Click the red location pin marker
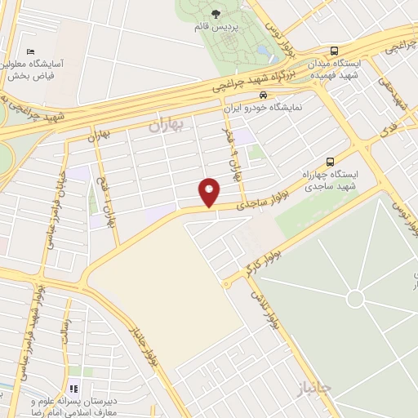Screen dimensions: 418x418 [x=210, y=191]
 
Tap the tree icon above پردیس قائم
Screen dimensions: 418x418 [x=216, y=14]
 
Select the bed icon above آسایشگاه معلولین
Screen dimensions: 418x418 [x=31, y=51]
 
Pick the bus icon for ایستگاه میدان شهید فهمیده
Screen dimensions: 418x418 [x=335, y=51]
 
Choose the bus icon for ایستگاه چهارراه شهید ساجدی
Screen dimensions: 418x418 [x=330, y=161]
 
